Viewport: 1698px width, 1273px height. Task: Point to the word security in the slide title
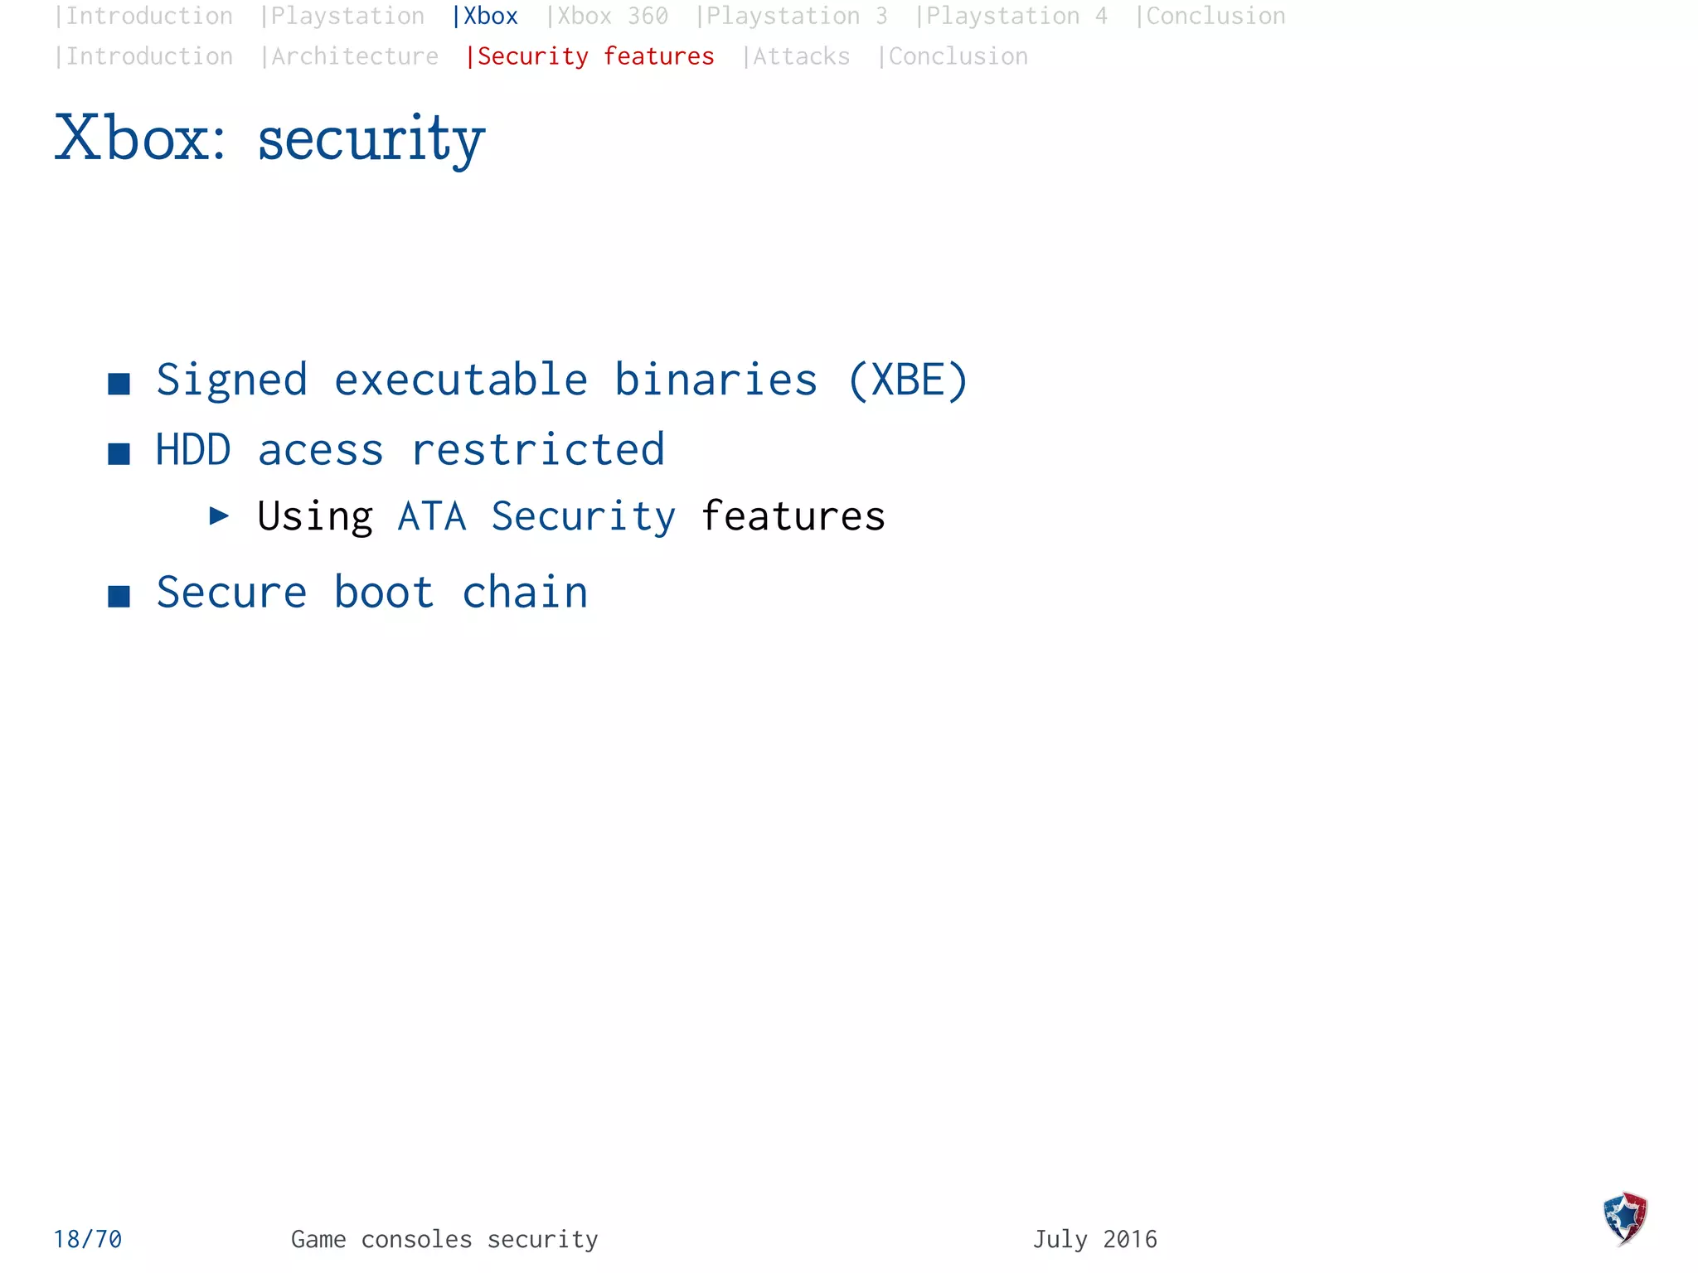[x=371, y=139]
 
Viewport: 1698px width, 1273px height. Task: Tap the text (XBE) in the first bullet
[x=907, y=380]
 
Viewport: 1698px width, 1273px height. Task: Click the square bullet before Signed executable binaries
[x=119, y=384]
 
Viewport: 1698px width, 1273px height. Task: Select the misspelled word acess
[x=320, y=451]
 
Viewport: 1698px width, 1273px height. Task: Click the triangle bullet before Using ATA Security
[x=219, y=516]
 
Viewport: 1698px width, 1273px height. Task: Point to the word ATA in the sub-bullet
[x=431, y=516]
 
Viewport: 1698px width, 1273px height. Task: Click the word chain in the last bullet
[x=525, y=593]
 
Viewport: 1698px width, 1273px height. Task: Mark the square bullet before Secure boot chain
[x=119, y=596]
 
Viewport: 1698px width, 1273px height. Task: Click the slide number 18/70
[x=88, y=1239]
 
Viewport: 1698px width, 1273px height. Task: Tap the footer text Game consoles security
[x=444, y=1239]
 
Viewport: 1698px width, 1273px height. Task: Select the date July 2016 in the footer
[x=1094, y=1239]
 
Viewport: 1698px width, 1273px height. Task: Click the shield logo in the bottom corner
[x=1625, y=1217]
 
